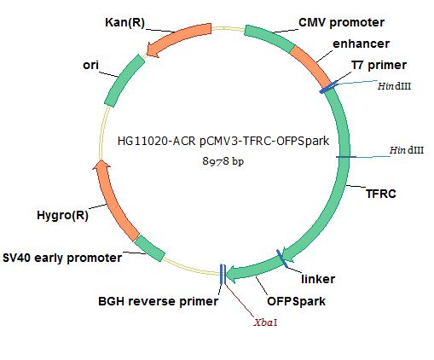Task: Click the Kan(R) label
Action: tap(124, 22)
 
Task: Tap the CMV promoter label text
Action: tap(341, 23)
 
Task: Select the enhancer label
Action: tap(361, 44)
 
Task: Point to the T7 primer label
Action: tap(379, 65)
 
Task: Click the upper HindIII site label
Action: tap(394, 86)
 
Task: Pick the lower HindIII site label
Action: tap(407, 150)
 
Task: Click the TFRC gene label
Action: tap(381, 194)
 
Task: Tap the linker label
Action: tap(318, 279)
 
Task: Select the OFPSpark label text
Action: tap(296, 301)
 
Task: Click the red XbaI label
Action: tap(265, 322)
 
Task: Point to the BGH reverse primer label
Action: tap(158, 301)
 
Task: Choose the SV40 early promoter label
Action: tap(62, 258)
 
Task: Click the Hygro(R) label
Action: tap(62, 215)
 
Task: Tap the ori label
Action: tap(90, 65)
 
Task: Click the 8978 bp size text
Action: tap(223, 161)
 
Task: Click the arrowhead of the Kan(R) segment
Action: tap(152, 50)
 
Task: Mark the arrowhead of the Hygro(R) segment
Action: tap(101, 165)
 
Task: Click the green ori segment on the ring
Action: tap(124, 80)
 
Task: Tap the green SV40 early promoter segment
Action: tap(149, 248)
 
